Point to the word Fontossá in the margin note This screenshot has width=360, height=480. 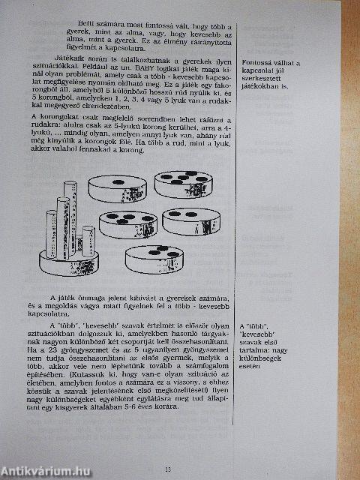(259, 64)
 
